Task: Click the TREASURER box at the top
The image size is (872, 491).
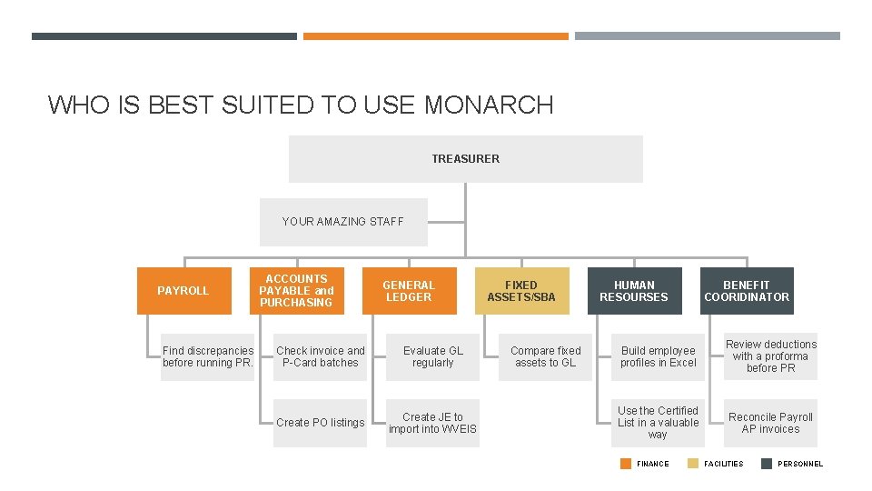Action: (x=465, y=159)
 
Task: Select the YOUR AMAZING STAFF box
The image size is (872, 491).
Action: (x=342, y=222)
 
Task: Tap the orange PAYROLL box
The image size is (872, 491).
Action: (x=183, y=291)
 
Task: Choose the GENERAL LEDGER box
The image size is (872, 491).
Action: (x=409, y=291)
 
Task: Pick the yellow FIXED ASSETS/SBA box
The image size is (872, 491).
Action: (x=521, y=291)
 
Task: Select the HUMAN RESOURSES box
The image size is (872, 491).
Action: (x=634, y=291)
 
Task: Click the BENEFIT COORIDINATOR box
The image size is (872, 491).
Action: (x=747, y=291)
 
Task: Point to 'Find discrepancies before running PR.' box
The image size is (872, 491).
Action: (x=208, y=356)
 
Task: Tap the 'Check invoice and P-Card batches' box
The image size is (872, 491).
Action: (x=321, y=356)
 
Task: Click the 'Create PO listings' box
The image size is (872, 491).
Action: (x=321, y=423)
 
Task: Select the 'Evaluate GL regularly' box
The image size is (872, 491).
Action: (x=433, y=356)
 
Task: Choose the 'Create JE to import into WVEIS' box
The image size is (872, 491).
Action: (x=433, y=423)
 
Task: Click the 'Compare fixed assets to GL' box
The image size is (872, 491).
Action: (x=546, y=356)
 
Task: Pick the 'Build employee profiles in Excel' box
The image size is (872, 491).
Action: (x=659, y=356)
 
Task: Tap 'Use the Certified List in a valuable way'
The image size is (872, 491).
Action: (x=659, y=423)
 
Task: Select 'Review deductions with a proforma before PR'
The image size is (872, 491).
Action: (x=771, y=356)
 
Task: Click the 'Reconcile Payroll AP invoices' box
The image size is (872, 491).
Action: (x=771, y=423)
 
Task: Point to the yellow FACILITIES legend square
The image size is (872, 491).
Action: (x=694, y=464)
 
